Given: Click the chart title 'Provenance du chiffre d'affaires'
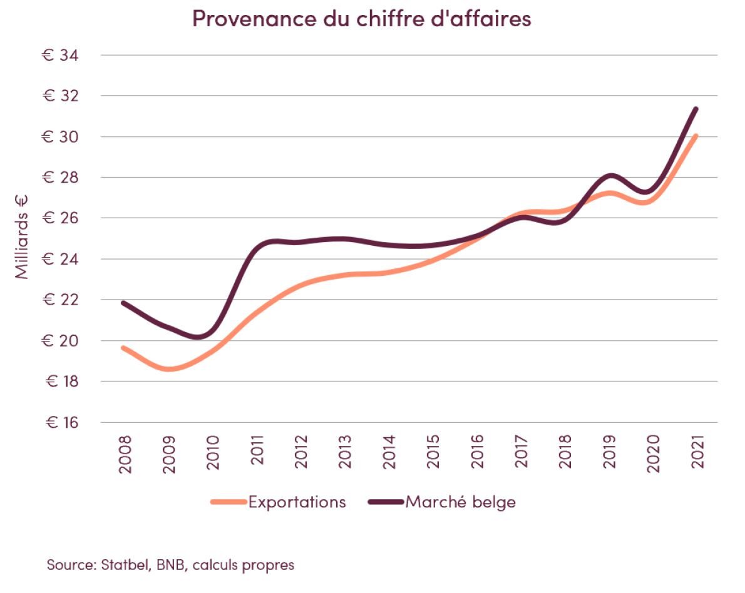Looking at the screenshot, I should click(x=361, y=19).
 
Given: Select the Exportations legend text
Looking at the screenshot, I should click(x=297, y=502).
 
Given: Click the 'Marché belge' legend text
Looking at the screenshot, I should click(x=461, y=502).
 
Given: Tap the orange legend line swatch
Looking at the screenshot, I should click(x=229, y=502).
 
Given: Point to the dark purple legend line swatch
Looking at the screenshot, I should click(x=386, y=502).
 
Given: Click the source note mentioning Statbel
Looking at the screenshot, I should click(x=170, y=565).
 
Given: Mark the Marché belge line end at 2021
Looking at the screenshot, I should click(x=695, y=109).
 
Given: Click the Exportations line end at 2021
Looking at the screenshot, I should click(x=695, y=136).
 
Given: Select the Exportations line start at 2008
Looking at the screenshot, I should click(x=124, y=348).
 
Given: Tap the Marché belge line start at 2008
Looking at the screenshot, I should click(x=124, y=303).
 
